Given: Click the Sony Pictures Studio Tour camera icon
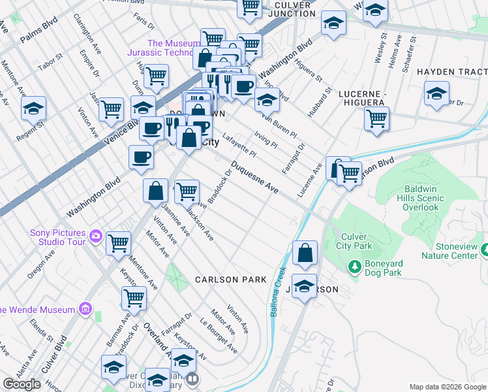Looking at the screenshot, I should click(x=97, y=235).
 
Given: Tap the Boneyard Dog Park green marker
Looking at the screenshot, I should click(x=354, y=266).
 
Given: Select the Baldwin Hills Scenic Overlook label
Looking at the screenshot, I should click(x=421, y=198).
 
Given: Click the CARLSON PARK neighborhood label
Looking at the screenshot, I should click(x=230, y=280).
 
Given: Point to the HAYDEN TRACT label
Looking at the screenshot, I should click(x=451, y=71).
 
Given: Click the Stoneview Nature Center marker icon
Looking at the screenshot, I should click(x=484, y=249).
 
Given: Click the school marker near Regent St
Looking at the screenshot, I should click(x=33, y=109).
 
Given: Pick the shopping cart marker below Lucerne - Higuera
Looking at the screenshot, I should click(x=376, y=120).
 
